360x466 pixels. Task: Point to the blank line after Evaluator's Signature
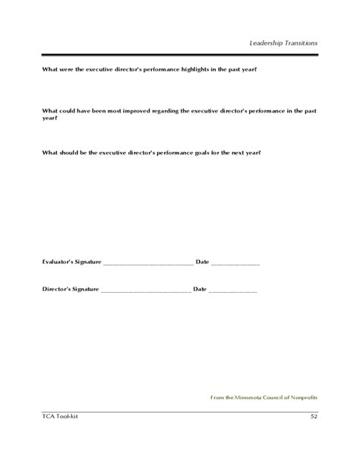point(147,263)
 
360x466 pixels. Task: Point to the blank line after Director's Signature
point(145,291)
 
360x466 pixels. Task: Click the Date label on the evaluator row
point(202,262)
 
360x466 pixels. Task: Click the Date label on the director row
point(200,290)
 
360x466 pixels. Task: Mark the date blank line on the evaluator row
point(235,263)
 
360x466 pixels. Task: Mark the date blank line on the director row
point(233,291)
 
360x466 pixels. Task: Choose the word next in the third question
point(238,152)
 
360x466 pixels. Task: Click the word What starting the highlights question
point(49,70)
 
